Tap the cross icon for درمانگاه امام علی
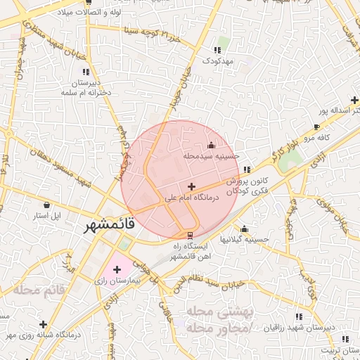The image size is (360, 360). pyautogui.click(x=191, y=186)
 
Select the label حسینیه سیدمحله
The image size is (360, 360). pyautogui.click(x=212, y=155)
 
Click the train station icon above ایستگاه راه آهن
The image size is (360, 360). pyautogui.click(x=189, y=235)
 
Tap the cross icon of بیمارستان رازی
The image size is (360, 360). pyautogui.click(x=117, y=269)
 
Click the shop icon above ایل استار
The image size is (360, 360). pyautogui.click(x=46, y=205)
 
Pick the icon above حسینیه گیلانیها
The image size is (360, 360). pyautogui.click(x=244, y=229)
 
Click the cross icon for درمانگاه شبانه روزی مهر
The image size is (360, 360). pyautogui.click(x=44, y=324)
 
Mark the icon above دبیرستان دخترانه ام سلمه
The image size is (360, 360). pyautogui.click(x=86, y=71)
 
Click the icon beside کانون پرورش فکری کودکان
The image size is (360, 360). pyautogui.click(x=246, y=170)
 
